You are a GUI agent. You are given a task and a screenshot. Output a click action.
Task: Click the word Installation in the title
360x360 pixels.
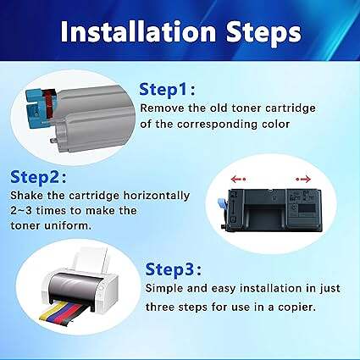(138, 31)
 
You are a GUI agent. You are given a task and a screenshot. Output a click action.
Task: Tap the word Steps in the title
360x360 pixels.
(263, 33)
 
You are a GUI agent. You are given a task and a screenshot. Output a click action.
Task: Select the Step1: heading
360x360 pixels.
(167, 90)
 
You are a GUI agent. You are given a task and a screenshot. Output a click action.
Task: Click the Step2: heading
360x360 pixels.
(38, 177)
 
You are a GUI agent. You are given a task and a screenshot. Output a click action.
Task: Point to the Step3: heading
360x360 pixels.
(174, 269)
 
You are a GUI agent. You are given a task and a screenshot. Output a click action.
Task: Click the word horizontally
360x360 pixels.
(157, 196)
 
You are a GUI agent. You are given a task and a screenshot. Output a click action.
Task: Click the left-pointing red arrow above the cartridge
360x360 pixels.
(238, 179)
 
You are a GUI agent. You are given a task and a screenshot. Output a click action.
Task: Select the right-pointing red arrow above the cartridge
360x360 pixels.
(303, 179)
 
